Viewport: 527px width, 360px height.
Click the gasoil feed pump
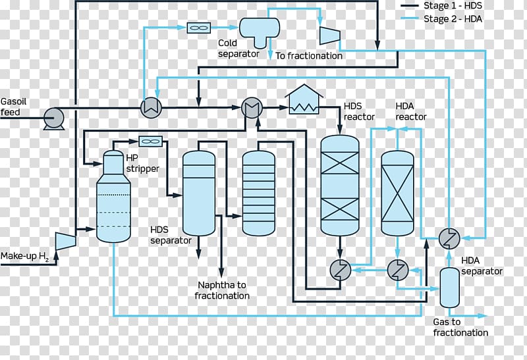pos(54,118)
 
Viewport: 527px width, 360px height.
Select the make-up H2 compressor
pos(65,241)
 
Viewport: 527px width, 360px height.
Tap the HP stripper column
pos(113,196)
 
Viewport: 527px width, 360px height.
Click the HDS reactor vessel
pos(340,186)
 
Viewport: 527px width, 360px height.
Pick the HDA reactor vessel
pos(397,193)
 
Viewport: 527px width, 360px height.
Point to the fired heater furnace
pos(304,99)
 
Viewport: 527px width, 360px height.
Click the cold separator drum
pos(259,32)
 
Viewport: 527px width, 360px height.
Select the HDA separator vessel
pos(450,288)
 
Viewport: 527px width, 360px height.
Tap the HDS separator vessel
pos(199,193)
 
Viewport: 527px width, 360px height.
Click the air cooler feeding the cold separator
pos(199,28)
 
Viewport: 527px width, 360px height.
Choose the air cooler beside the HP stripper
pos(151,141)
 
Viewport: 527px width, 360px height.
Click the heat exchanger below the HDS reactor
pos(340,270)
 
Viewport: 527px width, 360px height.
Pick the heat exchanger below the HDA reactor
pos(398,270)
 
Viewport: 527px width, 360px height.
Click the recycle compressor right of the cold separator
pos(330,36)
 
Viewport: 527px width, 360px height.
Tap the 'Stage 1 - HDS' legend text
pos(453,6)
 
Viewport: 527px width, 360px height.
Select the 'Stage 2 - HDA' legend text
pos(453,19)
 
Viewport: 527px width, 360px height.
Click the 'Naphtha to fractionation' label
pos(222,290)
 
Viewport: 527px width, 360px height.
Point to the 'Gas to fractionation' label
pos(460,328)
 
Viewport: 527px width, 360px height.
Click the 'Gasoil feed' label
pos(13,107)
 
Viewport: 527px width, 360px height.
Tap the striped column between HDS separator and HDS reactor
pos(258,193)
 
